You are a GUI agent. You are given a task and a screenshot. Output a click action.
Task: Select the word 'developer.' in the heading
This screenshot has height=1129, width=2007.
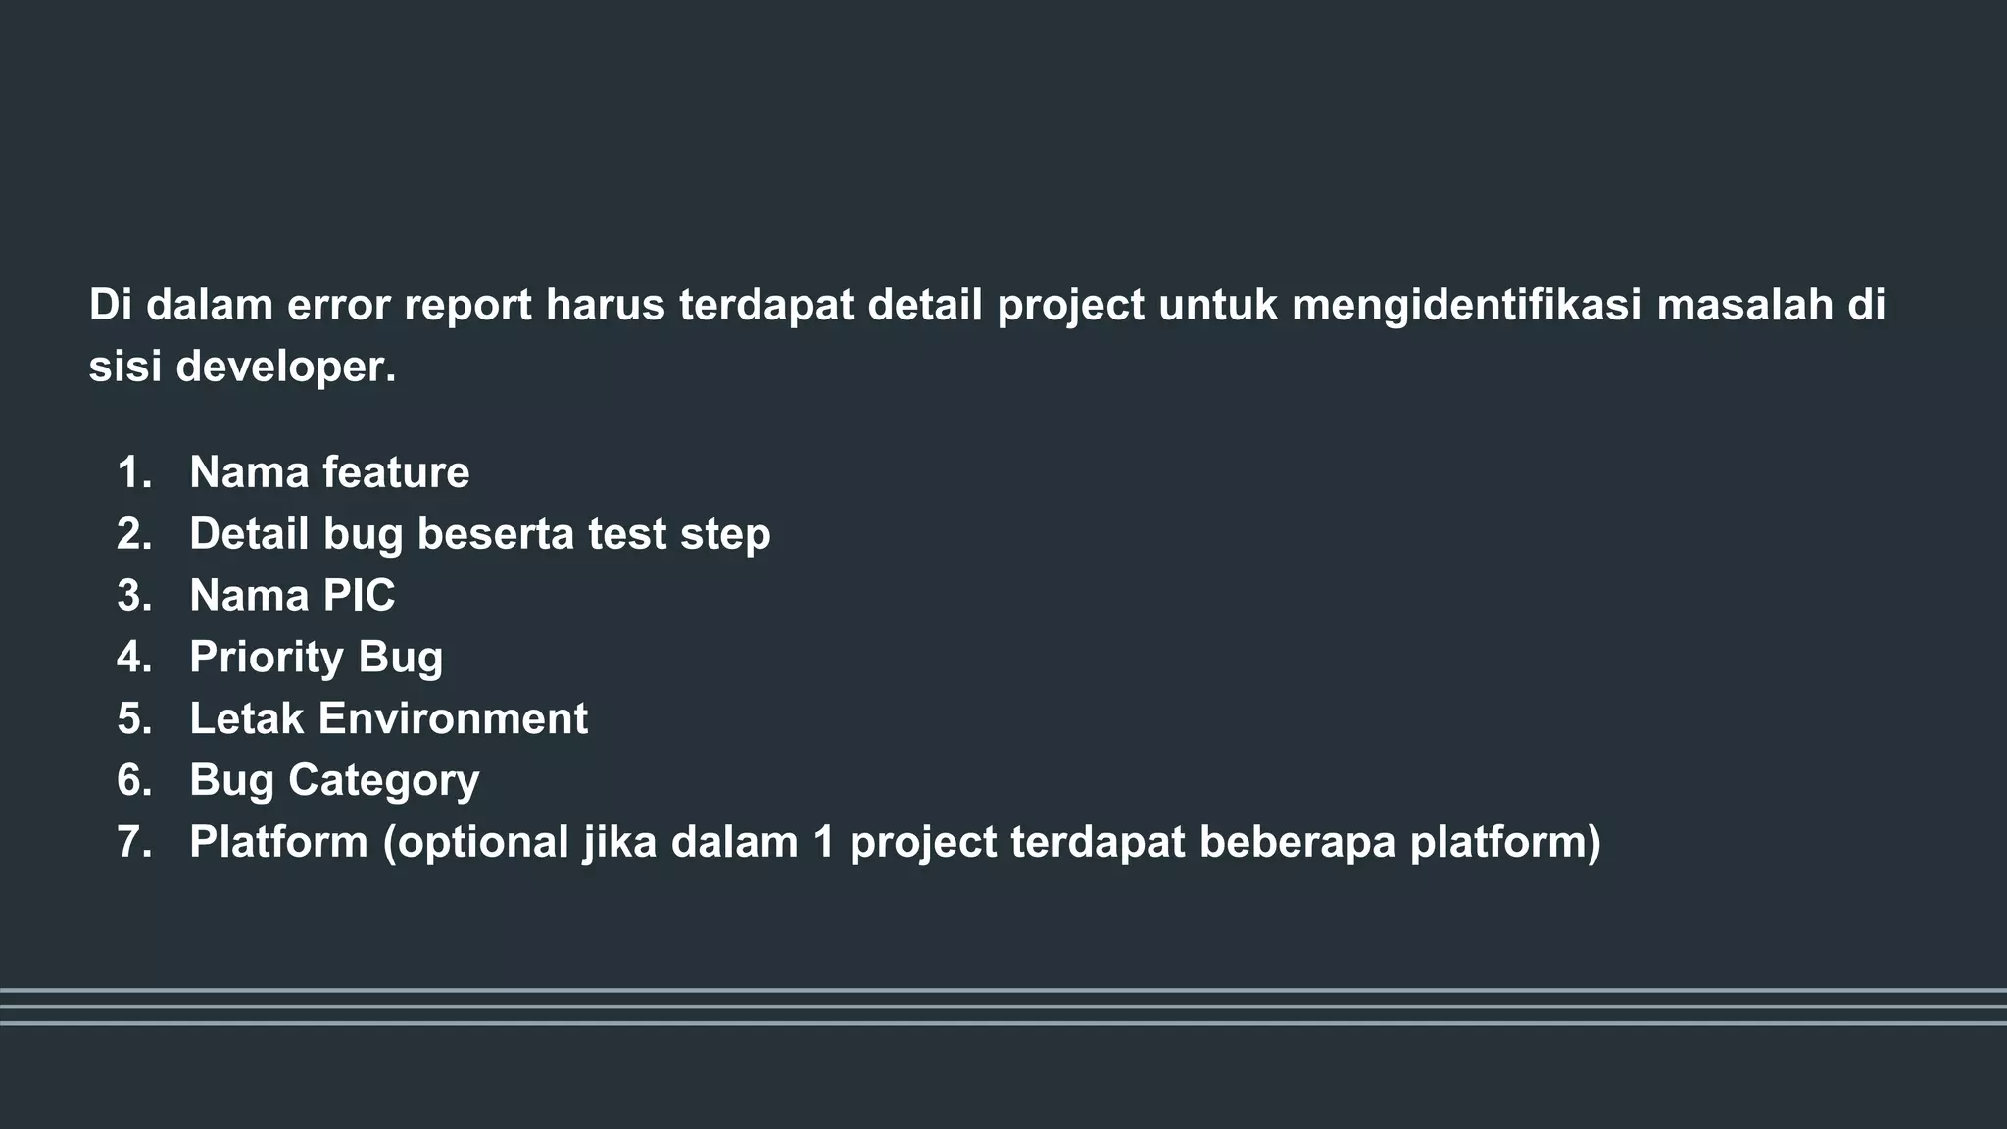tap(286, 368)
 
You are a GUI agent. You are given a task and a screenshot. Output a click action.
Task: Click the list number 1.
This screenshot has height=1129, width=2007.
tap(134, 472)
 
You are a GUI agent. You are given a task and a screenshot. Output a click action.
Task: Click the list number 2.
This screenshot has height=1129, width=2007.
tap(134, 534)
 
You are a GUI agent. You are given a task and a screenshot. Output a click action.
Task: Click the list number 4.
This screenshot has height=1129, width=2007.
tap(134, 658)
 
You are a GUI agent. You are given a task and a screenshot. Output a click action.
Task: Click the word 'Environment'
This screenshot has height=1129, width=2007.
tap(453, 718)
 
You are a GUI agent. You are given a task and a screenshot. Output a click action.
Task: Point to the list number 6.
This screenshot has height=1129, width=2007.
tap(134, 780)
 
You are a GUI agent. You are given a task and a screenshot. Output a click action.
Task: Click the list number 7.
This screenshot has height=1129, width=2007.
tap(134, 842)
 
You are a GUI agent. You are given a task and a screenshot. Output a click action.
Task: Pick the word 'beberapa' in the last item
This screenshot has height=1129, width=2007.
tap(1297, 843)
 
